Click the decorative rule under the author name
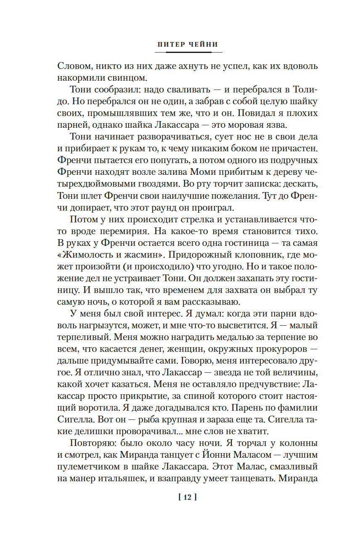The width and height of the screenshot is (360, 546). [x=188, y=52]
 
